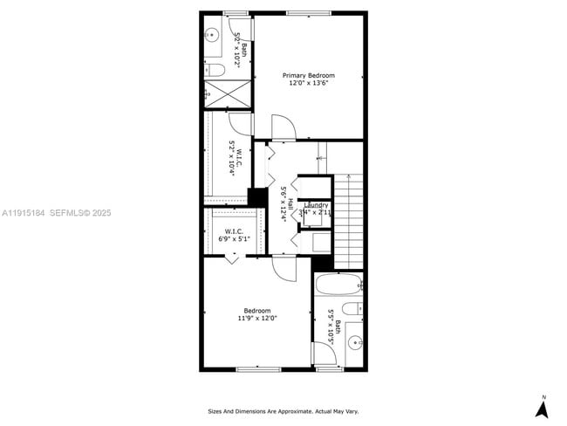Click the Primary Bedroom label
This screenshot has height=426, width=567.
308,76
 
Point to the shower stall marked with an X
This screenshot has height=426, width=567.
227,93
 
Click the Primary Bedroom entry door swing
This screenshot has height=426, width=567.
283,127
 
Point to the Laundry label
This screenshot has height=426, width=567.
316,205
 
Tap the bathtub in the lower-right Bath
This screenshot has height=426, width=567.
337,285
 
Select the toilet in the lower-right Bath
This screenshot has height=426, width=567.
351,307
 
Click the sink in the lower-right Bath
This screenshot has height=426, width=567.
354,342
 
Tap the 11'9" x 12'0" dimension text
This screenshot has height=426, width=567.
257,319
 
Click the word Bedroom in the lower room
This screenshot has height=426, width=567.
257,311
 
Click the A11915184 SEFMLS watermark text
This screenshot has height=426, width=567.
56,212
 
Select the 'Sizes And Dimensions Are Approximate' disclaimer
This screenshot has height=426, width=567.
283,411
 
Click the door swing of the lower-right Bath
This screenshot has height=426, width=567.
323,354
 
